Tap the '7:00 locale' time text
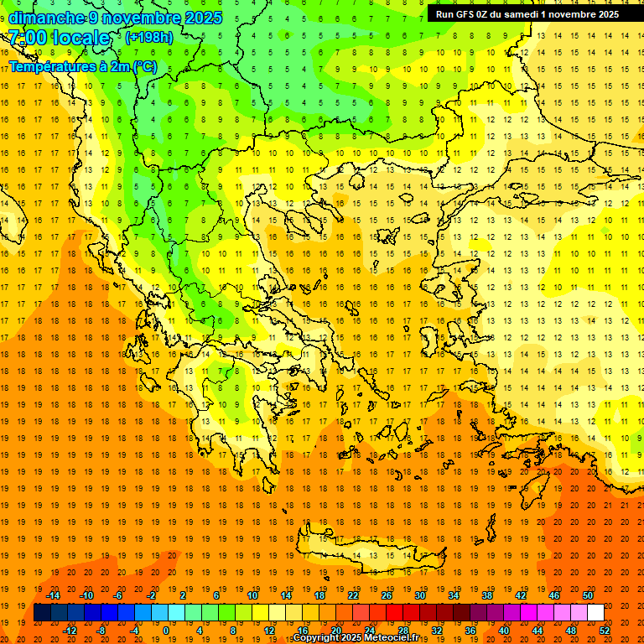point(59,38)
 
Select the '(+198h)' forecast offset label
point(149,37)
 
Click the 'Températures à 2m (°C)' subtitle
point(83,66)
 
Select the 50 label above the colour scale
point(587,595)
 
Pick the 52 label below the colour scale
point(605,631)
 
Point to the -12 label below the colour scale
point(70,631)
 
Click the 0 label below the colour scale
point(165,631)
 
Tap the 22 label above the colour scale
point(353,595)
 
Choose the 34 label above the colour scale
point(453,595)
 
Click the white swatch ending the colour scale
point(595,613)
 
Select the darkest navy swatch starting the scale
point(43,613)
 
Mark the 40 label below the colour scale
point(504,631)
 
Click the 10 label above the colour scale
point(252,595)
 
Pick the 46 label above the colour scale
point(553,595)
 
